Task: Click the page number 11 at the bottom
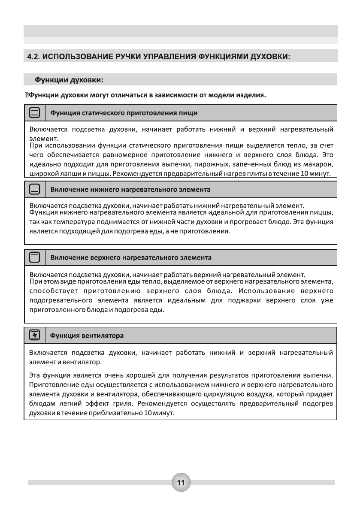[x=181, y=482]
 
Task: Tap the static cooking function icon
[x=35, y=113]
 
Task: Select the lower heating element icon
[x=35, y=189]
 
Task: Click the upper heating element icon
[x=35, y=258]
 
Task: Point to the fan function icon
[x=35, y=334]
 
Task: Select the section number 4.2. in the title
[x=34, y=57]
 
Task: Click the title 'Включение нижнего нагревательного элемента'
[x=130, y=189]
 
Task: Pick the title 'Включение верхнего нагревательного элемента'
[x=131, y=258]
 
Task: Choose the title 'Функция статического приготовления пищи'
[x=124, y=113]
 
